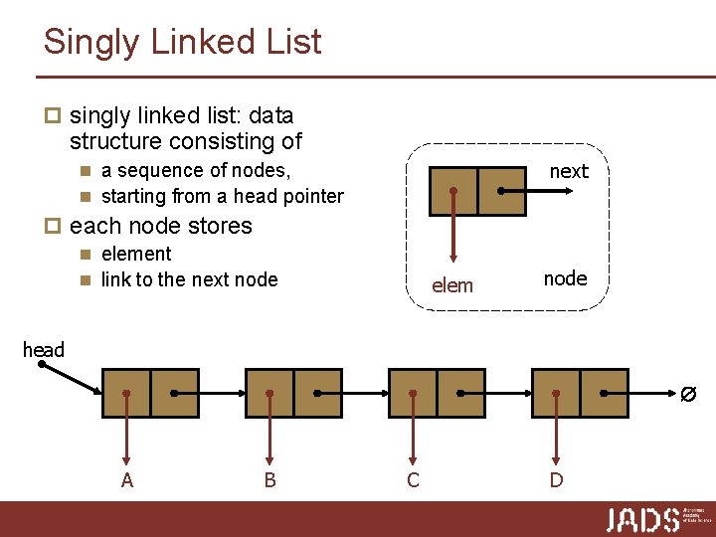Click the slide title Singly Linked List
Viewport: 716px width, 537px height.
tap(182, 42)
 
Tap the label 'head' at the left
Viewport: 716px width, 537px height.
tap(43, 349)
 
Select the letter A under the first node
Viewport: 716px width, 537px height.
tap(126, 480)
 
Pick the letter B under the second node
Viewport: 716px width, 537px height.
tap(269, 480)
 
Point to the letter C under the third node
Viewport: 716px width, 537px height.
tap(413, 480)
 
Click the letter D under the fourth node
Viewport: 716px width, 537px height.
tap(556, 480)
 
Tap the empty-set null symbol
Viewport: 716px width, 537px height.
tap(687, 394)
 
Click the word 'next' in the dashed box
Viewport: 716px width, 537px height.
tap(569, 171)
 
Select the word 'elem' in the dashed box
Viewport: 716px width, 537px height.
tap(452, 286)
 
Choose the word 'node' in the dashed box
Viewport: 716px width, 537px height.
tap(565, 278)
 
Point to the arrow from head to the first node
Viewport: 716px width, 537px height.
tap(72, 378)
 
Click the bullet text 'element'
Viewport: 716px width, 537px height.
tap(136, 254)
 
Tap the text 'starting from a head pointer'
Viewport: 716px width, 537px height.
tap(222, 196)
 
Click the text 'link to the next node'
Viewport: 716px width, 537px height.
tap(189, 279)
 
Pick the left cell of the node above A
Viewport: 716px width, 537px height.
tap(126, 393)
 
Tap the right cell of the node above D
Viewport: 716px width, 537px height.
tap(604, 393)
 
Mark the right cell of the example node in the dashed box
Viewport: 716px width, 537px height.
tap(501, 191)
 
